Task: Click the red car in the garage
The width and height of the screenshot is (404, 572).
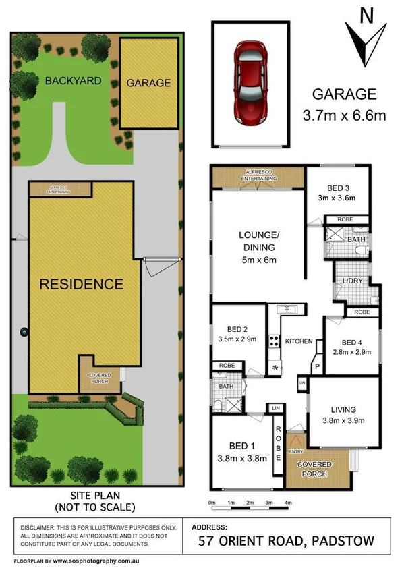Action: (x=250, y=82)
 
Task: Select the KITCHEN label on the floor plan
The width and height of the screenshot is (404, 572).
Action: (x=297, y=341)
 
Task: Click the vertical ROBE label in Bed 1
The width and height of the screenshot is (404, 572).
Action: (x=277, y=442)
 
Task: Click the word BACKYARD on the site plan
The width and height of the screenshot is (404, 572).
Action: (x=73, y=81)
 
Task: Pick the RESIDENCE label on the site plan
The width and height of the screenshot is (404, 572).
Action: (x=81, y=283)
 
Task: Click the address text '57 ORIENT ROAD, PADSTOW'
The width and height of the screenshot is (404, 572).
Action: (x=295, y=540)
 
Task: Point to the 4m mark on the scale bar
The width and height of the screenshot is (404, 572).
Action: (x=288, y=503)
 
